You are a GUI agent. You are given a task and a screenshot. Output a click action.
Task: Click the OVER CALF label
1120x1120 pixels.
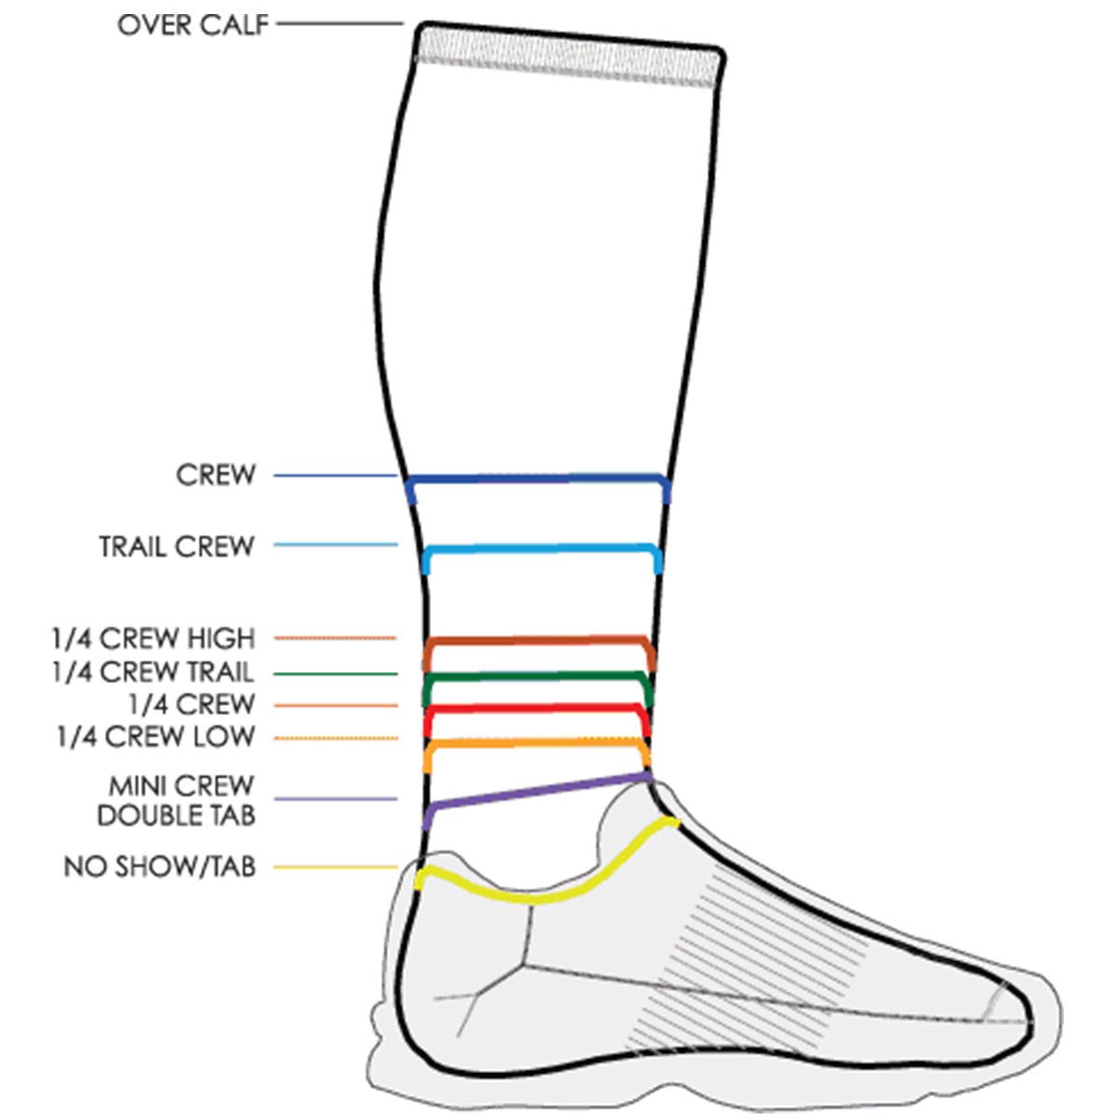(x=192, y=25)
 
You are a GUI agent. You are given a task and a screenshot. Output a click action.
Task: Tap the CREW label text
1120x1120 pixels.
(x=216, y=475)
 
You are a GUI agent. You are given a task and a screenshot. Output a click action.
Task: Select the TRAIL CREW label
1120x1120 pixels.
(x=176, y=546)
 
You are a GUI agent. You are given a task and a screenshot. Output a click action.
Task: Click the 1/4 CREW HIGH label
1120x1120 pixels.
(x=153, y=639)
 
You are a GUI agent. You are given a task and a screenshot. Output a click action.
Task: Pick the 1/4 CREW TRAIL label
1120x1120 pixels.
(x=153, y=672)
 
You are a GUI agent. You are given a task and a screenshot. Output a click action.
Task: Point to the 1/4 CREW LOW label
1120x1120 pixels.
(x=155, y=736)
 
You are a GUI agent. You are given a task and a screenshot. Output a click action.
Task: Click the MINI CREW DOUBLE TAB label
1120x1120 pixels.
(x=176, y=800)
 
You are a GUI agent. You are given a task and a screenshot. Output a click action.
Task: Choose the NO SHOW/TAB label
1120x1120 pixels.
(x=160, y=867)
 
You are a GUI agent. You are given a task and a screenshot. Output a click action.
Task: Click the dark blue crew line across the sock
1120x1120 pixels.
(x=539, y=480)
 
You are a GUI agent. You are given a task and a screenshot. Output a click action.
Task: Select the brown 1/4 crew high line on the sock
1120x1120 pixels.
(x=539, y=641)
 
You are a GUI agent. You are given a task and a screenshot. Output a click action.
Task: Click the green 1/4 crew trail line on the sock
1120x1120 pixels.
(x=539, y=676)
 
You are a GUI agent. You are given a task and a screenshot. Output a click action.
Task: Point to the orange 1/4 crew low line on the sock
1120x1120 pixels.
(x=539, y=743)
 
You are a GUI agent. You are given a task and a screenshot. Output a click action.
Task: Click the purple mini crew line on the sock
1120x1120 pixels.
(x=539, y=791)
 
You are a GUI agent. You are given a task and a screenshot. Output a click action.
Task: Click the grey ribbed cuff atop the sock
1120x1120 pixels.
(x=569, y=55)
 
